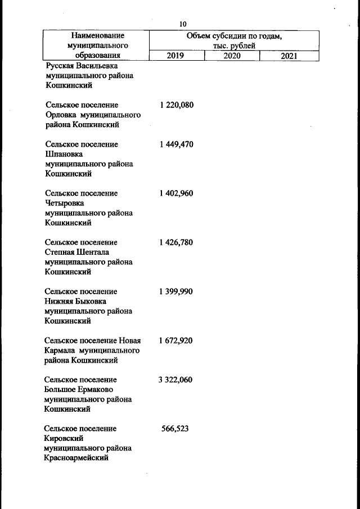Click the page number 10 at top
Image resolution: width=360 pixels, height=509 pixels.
pos(183,24)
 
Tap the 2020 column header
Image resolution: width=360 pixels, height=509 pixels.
pos(232,56)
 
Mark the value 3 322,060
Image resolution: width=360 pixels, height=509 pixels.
pos(175,380)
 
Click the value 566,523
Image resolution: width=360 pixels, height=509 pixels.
pos(175,429)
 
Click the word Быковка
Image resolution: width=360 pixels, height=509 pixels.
pos(90,301)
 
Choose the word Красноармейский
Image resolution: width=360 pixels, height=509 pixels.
pos(76,458)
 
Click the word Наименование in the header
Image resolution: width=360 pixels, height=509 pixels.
pos(94,35)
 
